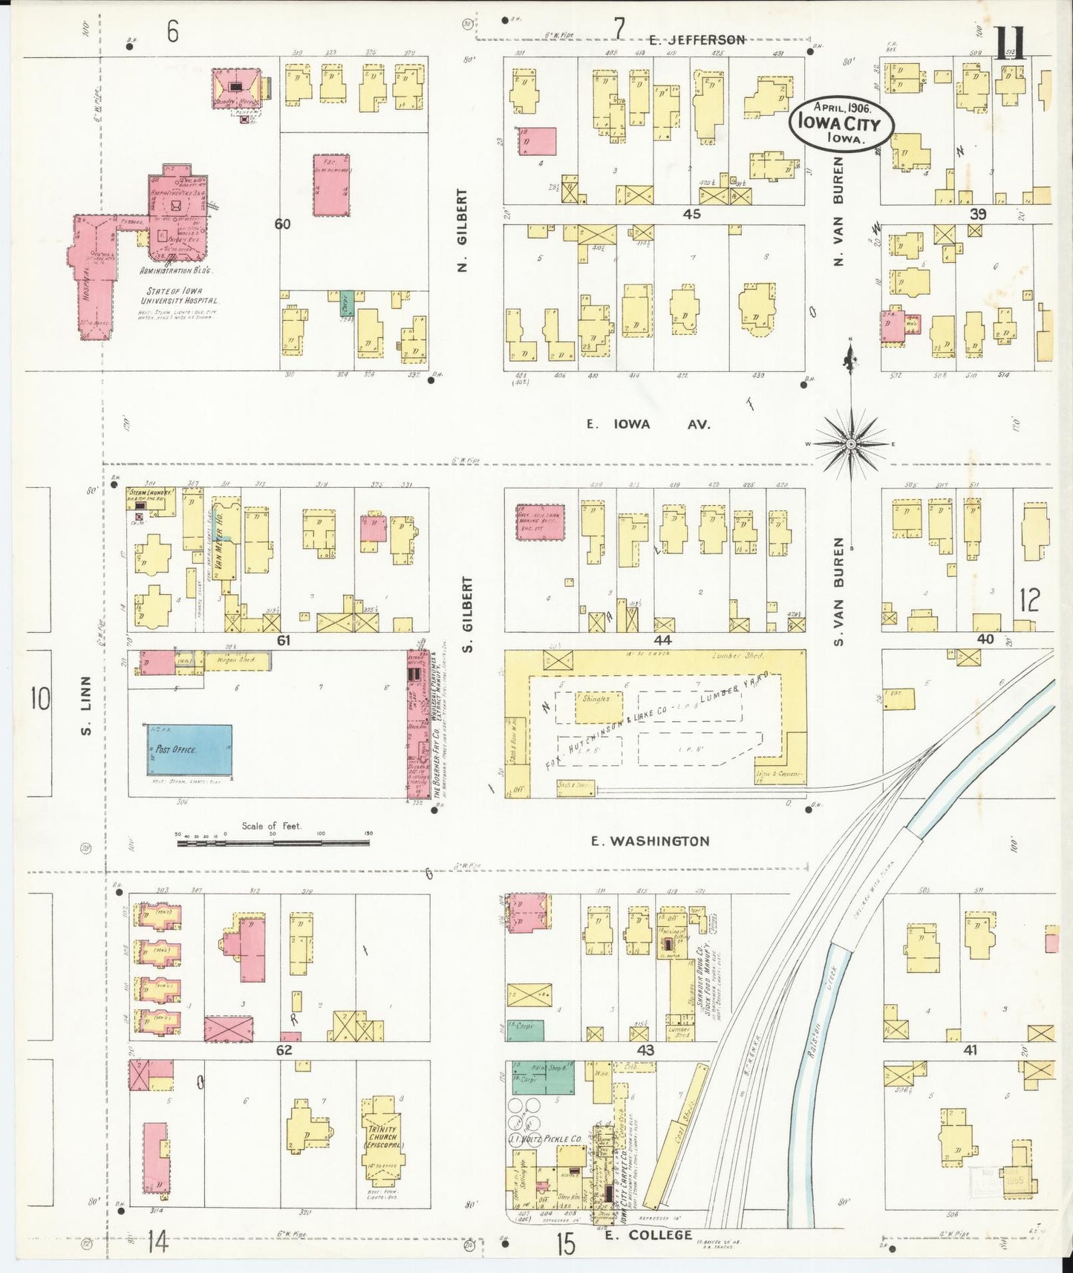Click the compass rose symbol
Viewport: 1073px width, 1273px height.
(852, 443)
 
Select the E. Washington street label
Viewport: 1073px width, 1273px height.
(650, 841)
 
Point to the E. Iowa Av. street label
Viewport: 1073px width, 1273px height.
(648, 424)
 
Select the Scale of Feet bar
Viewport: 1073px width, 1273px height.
(273, 843)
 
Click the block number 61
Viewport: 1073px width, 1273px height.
(283, 640)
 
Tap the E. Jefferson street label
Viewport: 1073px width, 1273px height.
(696, 40)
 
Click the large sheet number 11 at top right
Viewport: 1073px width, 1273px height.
(1010, 43)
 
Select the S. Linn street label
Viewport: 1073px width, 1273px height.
(87, 704)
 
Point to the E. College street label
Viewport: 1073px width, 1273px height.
(648, 1234)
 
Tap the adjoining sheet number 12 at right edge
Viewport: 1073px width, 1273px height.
(1029, 599)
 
